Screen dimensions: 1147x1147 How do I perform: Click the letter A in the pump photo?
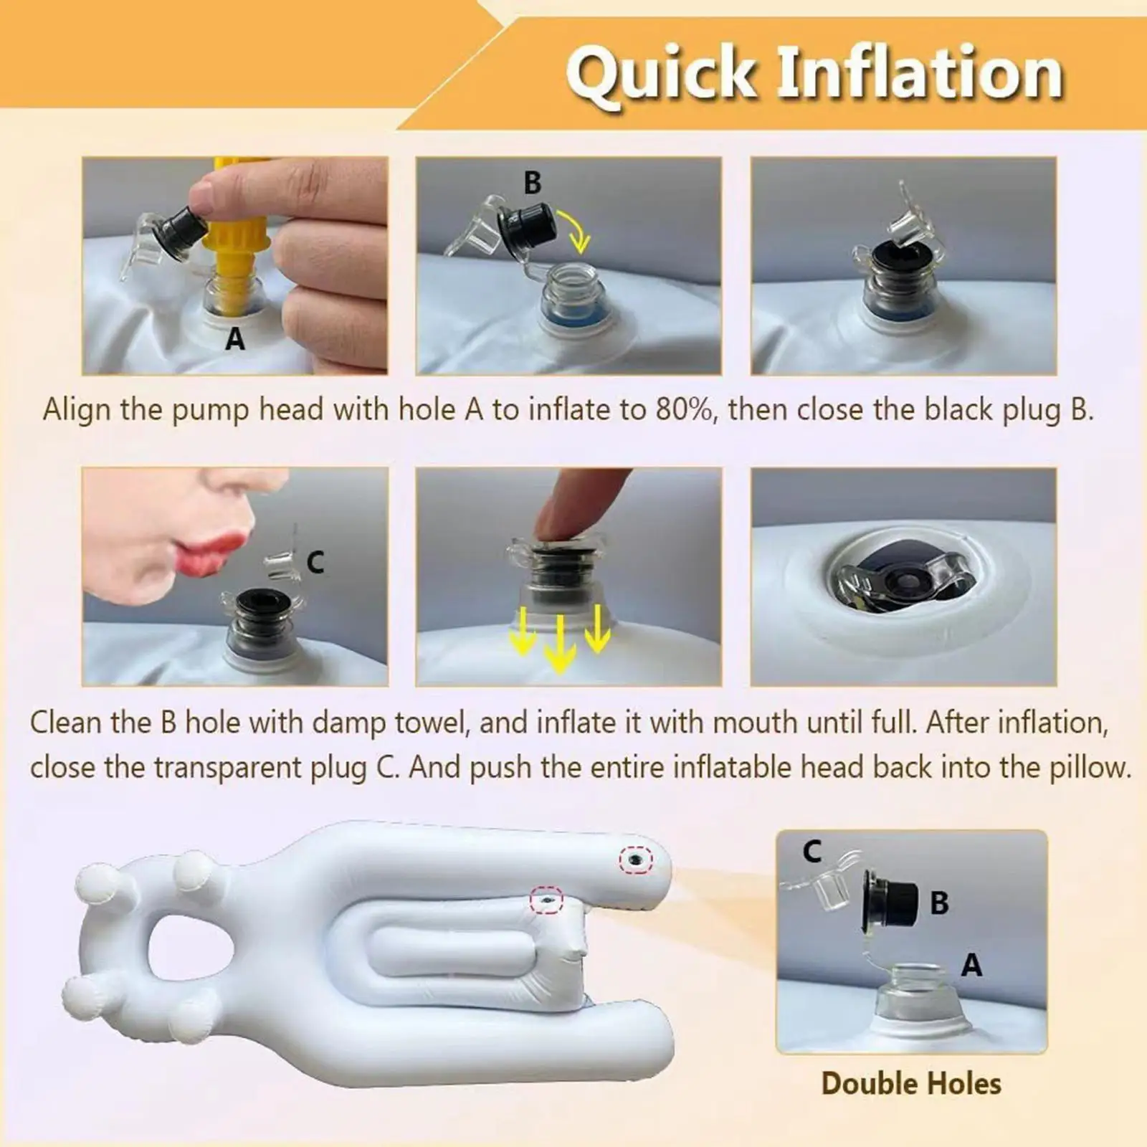click(235, 338)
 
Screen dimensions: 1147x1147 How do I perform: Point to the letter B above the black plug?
click(532, 183)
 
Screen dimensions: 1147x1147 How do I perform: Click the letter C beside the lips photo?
click(315, 563)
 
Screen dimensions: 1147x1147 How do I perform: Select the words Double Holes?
click(911, 1083)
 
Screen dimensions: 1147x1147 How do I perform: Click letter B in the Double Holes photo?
click(939, 903)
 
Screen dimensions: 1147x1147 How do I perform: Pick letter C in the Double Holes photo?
click(812, 852)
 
